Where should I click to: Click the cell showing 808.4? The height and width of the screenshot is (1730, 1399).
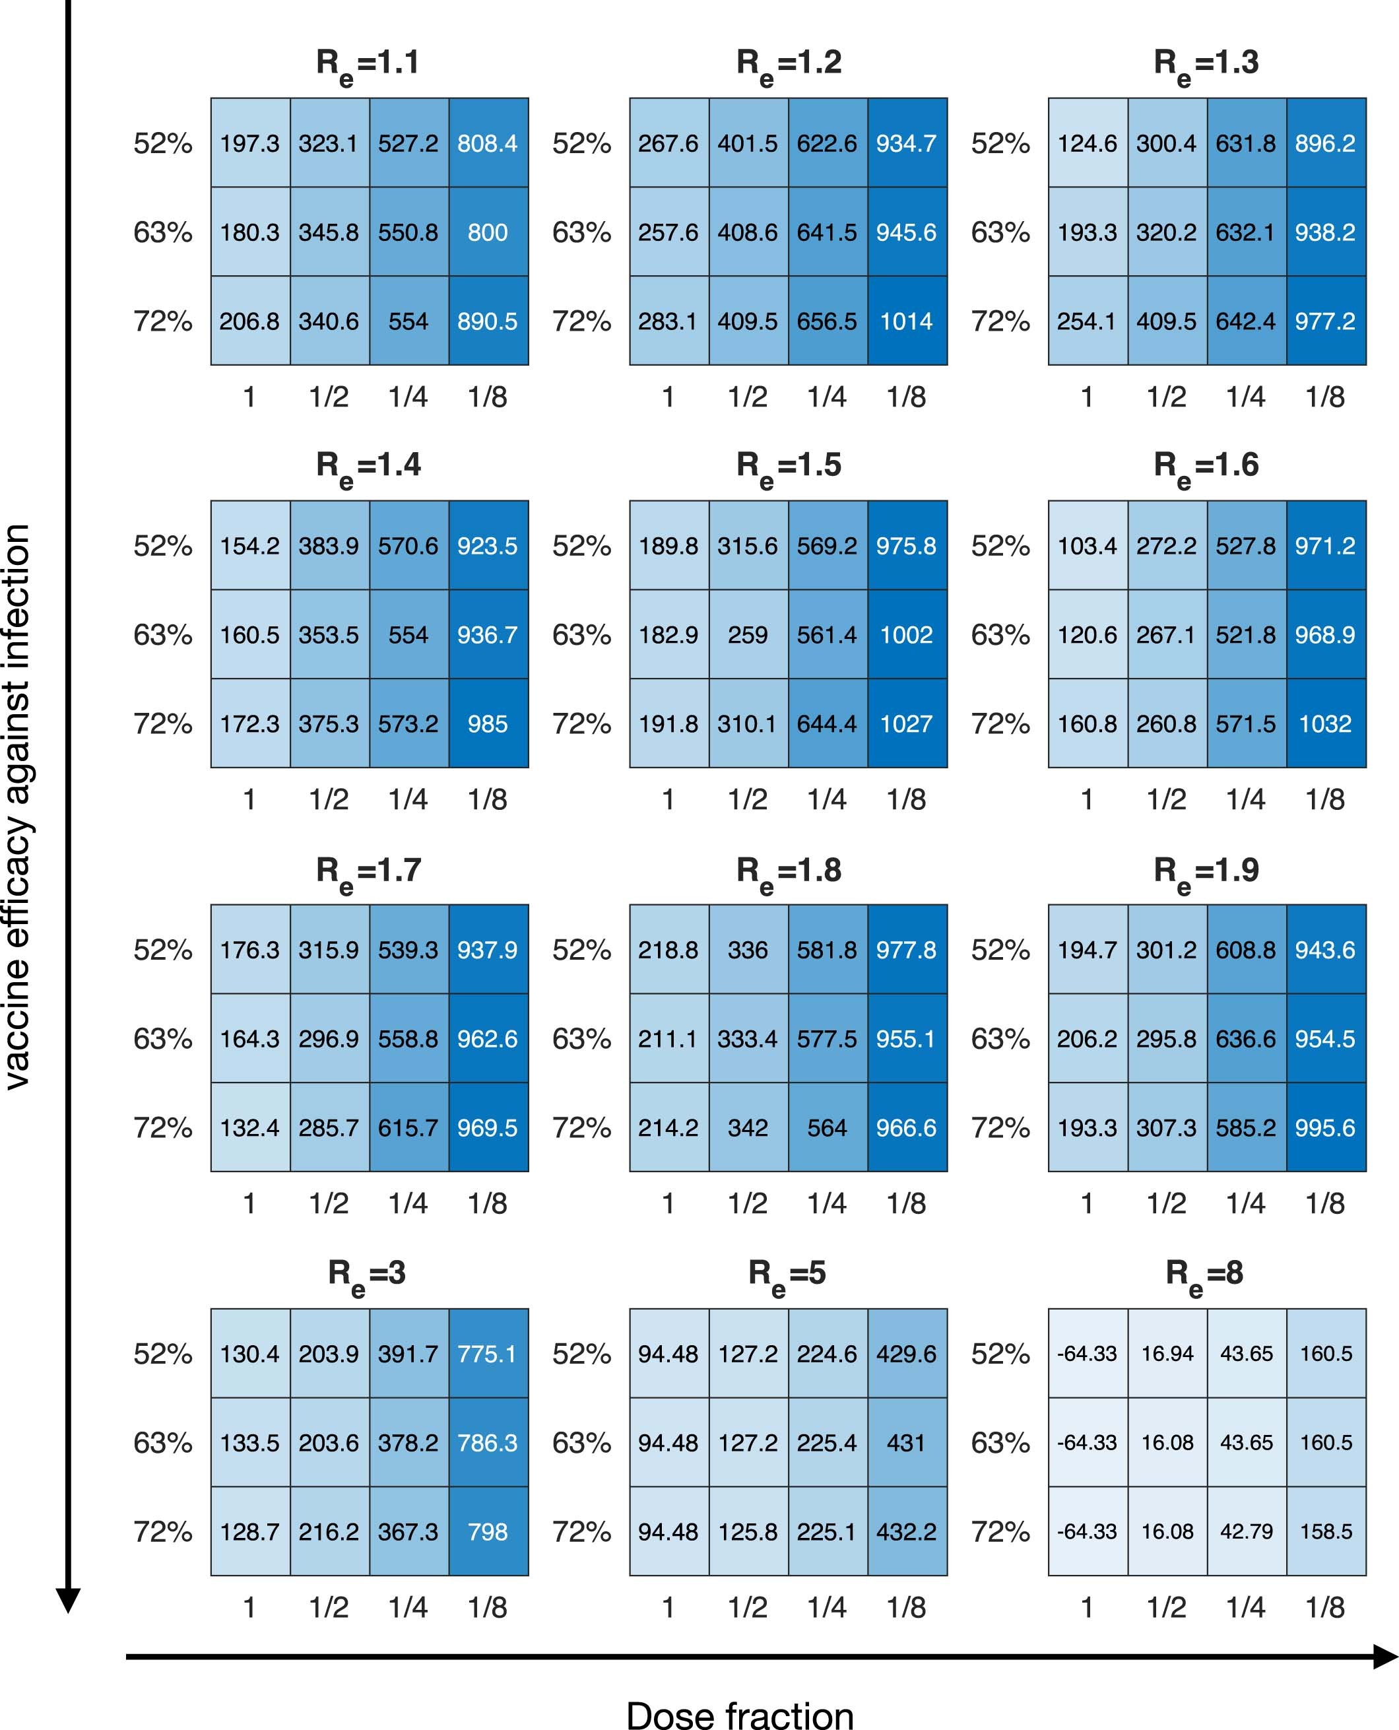[x=488, y=143]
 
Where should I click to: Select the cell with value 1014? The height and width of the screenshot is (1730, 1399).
[x=907, y=321]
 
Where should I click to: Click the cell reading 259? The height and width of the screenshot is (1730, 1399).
[x=748, y=634]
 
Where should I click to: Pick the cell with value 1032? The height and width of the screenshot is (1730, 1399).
[x=1326, y=723]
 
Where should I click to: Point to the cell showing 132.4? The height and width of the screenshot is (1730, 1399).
[x=250, y=1127]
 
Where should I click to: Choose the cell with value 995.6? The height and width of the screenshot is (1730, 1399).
[x=1326, y=1127]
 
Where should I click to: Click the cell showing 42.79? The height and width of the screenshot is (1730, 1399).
[x=1246, y=1531]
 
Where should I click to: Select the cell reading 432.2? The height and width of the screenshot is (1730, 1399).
[x=907, y=1531]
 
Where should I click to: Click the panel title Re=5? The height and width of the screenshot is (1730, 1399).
[x=787, y=1275]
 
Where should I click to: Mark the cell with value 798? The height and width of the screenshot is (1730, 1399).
[x=488, y=1531]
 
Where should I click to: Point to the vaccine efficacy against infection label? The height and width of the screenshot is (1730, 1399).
[x=18, y=806]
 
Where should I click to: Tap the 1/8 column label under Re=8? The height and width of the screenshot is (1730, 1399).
[x=1326, y=1607]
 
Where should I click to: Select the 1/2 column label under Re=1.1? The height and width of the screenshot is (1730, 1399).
[x=329, y=397]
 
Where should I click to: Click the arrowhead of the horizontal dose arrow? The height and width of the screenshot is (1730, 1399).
[x=1384, y=1657]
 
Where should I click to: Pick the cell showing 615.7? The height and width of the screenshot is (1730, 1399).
[x=408, y=1127]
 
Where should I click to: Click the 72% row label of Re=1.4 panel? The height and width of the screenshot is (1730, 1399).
[x=163, y=723]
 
